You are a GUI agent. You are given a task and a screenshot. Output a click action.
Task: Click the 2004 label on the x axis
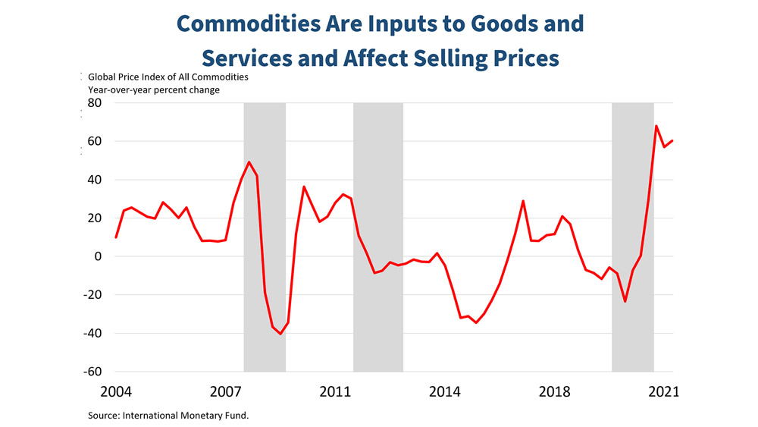click(x=117, y=392)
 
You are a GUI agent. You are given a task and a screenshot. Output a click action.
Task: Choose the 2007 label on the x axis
click(x=227, y=392)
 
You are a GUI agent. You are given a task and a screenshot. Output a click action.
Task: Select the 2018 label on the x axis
click(x=555, y=392)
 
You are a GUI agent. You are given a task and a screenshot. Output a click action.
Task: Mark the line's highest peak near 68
click(x=656, y=126)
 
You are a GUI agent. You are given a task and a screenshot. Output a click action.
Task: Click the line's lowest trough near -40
click(x=280, y=334)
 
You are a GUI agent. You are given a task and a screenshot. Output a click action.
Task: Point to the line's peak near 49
click(x=249, y=162)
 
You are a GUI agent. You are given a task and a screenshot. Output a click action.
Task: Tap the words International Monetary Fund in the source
click(x=200, y=416)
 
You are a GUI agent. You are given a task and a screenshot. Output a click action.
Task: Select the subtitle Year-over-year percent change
click(x=154, y=90)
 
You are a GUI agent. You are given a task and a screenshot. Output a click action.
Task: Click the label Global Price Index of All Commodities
click(x=168, y=77)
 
